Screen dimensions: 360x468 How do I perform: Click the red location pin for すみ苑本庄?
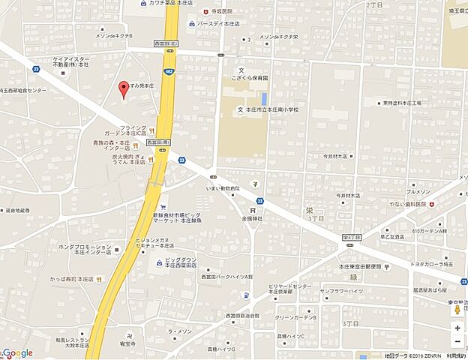tap(124, 88)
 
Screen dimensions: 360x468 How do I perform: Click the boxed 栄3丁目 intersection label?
tap(351, 237)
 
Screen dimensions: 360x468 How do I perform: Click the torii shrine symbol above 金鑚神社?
tap(253, 211)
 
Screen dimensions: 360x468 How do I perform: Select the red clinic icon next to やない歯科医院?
tap(431, 203)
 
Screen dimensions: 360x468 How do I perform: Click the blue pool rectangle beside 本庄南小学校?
tap(264, 98)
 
